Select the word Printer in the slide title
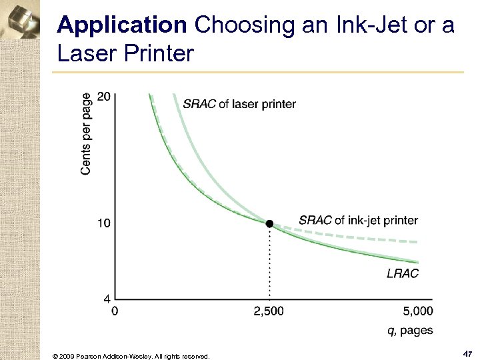point(158,53)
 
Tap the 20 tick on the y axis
point(103,97)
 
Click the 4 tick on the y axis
point(107,298)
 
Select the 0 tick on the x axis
point(114,311)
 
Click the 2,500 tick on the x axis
point(269,311)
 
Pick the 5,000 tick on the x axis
point(419,311)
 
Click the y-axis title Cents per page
point(87,133)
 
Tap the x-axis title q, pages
point(409,330)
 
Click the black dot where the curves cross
point(269,224)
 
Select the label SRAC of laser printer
point(239,103)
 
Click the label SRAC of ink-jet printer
point(358,220)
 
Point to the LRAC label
point(402,273)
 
